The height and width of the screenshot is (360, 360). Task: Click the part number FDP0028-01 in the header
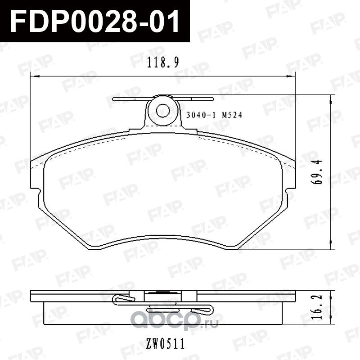point(94,20)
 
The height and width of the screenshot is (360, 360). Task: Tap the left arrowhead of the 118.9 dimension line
point(32,77)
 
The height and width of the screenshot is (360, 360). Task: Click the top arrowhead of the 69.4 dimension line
point(332,97)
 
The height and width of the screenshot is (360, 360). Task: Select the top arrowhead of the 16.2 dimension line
point(332,292)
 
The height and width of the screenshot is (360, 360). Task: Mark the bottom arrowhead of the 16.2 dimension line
point(332,322)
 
